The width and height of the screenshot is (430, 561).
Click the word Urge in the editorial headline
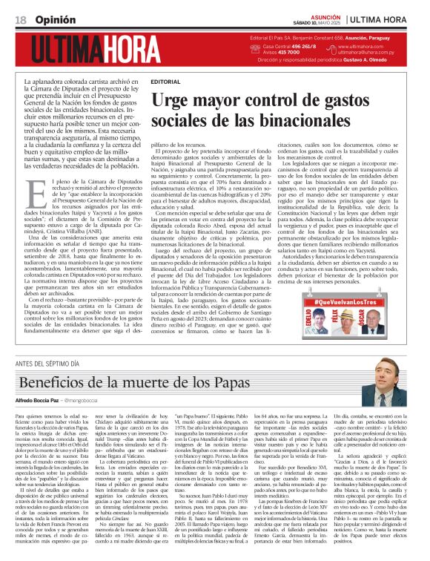[x=176, y=99]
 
